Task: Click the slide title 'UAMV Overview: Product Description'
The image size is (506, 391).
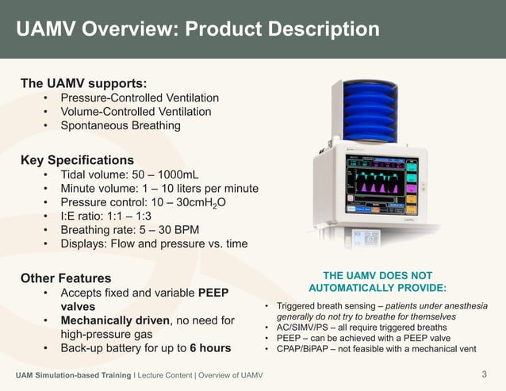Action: point(197,29)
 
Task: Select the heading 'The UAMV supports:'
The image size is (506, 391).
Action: point(82,82)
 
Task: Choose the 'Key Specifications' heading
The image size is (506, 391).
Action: point(77,159)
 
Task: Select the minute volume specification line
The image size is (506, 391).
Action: point(159,188)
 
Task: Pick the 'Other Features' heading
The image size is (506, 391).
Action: point(65,278)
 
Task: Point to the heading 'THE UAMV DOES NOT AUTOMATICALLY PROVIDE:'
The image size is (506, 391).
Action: point(378,280)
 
